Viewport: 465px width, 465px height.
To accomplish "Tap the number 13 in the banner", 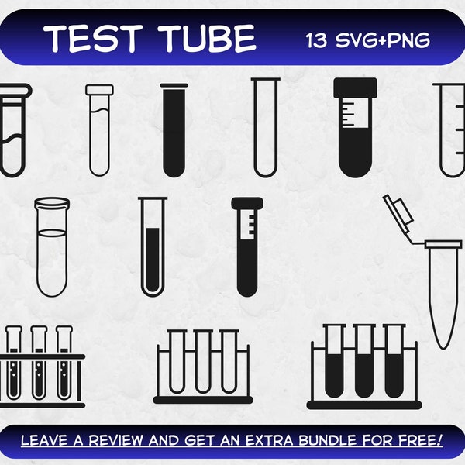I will [x=318, y=39].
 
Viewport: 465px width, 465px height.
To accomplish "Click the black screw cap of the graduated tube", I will [x=356, y=87].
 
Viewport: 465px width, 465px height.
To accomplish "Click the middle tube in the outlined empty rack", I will [x=202, y=360].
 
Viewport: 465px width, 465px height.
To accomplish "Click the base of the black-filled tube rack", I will [x=364, y=404].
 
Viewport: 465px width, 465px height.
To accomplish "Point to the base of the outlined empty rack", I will [x=202, y=400].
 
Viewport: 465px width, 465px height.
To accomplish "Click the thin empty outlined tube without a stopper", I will [x=266, y=128].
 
